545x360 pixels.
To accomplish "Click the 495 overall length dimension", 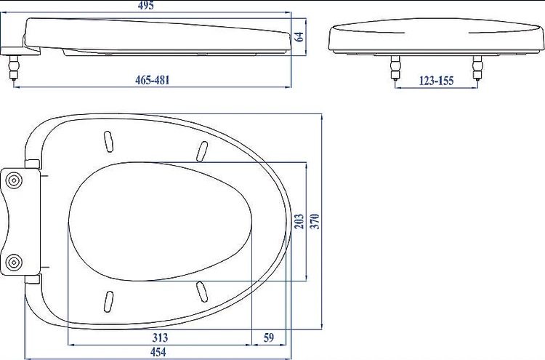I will pos(165,6).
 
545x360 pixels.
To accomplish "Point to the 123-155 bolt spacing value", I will pos(436,81).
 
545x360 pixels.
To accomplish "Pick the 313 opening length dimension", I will pos(160,337).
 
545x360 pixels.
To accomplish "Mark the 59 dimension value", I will pos(268,337).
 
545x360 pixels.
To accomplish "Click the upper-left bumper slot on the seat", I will pos(108,140).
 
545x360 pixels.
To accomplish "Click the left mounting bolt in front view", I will pos(395,68).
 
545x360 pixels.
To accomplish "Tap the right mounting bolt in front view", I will pos(477,68).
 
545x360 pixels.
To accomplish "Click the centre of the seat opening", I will pos(160,221).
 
